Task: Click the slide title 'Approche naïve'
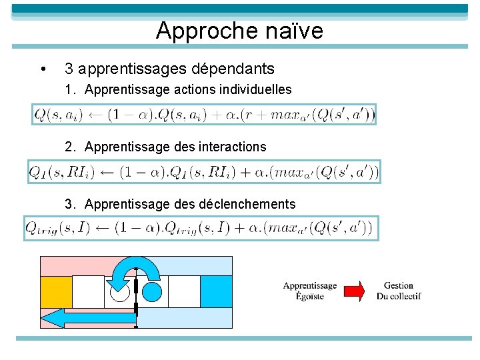pyautogui.click(x=239, y=31)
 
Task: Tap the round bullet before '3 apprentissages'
pyautogui.click(x=43, y=69)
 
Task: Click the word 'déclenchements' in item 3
pyautogui.click(x=247, y=204)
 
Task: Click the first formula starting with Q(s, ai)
pyautogui.click(x=204, y=115)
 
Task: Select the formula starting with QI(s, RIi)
pyautogui.click(x=203, y=172)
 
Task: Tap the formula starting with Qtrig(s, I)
pyautogui.click(x=201, y=228)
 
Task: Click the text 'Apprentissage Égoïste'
pyautogui.click(x=310, y=291)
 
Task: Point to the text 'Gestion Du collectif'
pyautogui.click(x=399, y=291)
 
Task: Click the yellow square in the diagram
pyautogui.click(x=56, y=291)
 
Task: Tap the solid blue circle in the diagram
pyautogui.click(x=152, y=291)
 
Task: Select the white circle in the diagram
pyautogui.click(x=120, y=291)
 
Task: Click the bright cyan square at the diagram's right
pyautogui.click(x=216, y=291)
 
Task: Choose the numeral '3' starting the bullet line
pyautogui.click(x=68, y=69)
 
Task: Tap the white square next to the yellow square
pyautogui.click(x=88, y=291)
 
